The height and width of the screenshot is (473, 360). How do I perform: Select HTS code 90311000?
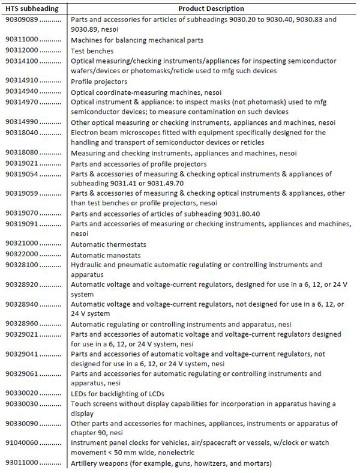(x=22, y=40)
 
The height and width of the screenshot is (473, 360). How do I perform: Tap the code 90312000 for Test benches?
(x=22, y=50)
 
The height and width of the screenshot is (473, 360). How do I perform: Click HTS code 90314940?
(x=22, y=92)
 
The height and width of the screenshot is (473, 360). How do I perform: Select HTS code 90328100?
(x=22, y=265)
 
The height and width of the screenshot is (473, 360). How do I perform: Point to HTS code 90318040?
(x=22, y=133)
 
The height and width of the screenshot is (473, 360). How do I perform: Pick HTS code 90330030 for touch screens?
(x=22, y=404)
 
